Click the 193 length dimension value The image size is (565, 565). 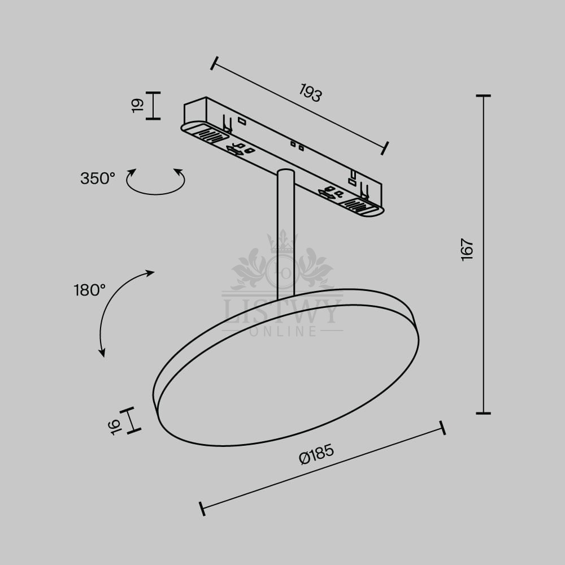(310, 93)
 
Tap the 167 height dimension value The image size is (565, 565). (467, 249)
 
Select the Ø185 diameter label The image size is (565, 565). (317, 454)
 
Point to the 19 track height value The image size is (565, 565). (138, 106)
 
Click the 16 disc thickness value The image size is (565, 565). (115, 427)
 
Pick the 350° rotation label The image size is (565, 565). (98, 179)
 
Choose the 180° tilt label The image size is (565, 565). (90, 290)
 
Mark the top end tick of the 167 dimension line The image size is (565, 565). (483, 96)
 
